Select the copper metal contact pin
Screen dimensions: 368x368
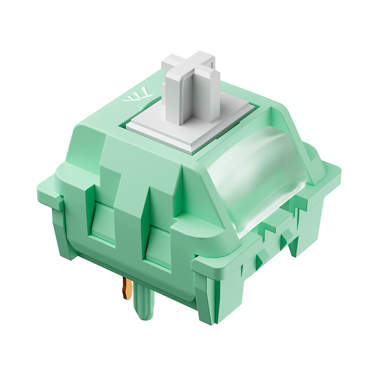[x=125, y=287]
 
